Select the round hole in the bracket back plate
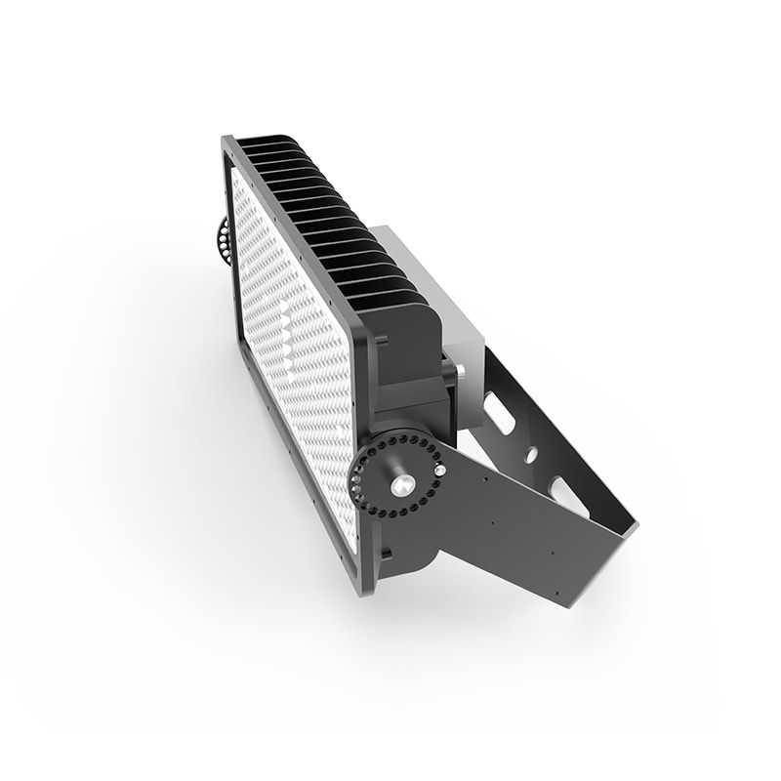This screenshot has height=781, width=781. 532,454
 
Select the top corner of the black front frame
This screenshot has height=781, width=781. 227,143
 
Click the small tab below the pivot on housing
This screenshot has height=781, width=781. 386,554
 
